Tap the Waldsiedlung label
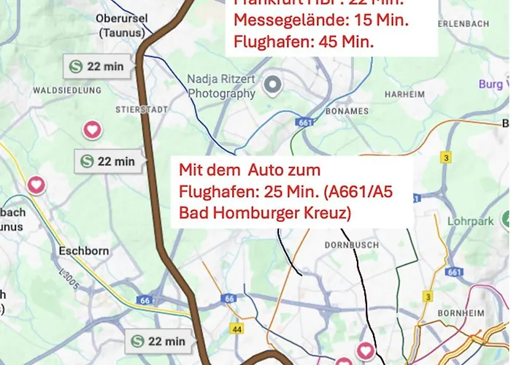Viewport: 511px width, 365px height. point(66,91)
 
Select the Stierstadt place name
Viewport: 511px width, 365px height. point(142,109)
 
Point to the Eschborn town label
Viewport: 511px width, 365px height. point(84,251)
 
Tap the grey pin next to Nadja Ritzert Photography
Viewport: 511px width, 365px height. point(273,85)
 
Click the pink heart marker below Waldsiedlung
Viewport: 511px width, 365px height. point(92,130)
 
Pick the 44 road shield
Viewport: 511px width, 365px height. point(236,330)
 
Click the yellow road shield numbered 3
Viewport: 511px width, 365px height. point(446,157)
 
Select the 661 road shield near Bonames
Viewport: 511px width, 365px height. point(304,123)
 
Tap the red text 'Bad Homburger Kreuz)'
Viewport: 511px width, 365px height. point(266,213)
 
